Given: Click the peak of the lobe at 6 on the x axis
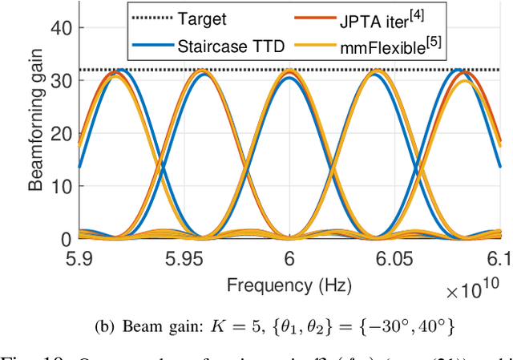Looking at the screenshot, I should [290, 71].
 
